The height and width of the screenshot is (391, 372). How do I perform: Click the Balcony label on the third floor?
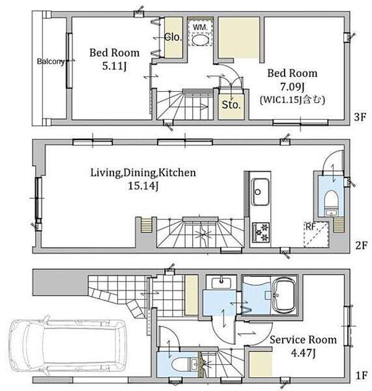[x=51, y=62]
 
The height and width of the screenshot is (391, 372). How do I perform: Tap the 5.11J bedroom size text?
[x=114, y=66]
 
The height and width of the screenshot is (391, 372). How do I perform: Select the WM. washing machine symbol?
[x=200, y=33]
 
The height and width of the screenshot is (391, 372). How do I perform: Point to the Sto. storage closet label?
[x=231, y=105]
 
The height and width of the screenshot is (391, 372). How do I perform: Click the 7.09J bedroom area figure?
[x=293, y=87]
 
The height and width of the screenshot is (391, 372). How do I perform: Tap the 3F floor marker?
[x=360, y=117]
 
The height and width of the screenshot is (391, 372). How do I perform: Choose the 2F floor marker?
[x=362, y=246]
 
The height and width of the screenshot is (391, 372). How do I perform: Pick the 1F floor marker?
[x=361, y=375]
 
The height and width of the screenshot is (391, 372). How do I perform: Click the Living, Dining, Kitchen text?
[x=143, y=173]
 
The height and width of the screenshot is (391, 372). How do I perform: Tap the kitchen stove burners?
[x=261, y=232]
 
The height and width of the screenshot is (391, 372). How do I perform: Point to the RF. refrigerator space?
[x=316, y=235]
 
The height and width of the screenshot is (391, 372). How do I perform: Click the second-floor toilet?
[x=331, y=200]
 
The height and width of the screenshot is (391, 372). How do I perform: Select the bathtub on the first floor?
[x=285, y=296]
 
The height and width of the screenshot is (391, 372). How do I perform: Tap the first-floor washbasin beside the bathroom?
[x=221, y=283]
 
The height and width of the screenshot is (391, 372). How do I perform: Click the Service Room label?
[x=303, y=340]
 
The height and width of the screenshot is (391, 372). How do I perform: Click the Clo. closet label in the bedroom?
[x=173, y=37]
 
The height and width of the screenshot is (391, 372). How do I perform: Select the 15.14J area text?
[x=143, y=186]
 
